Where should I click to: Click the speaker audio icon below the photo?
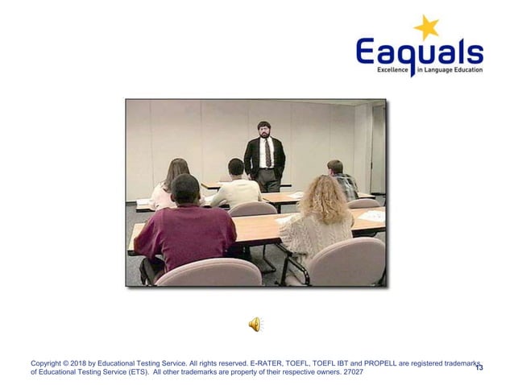point(255,324)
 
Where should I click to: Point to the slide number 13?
point(479,367)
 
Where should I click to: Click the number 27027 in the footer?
point(352,372)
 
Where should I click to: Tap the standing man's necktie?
point(264,152)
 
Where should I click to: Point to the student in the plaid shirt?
point(342,180)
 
